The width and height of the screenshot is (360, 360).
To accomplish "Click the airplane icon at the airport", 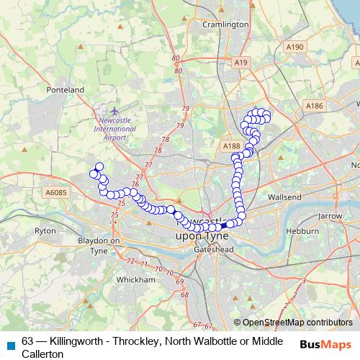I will [x=115, y=111].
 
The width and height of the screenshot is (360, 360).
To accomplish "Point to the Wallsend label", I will [x=284, y=197].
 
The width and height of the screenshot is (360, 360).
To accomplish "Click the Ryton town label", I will [x=45, y=231].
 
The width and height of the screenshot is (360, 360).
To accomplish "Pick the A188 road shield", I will [x=231, y=146].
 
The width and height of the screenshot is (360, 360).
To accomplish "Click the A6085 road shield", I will [x=55, y=192].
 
